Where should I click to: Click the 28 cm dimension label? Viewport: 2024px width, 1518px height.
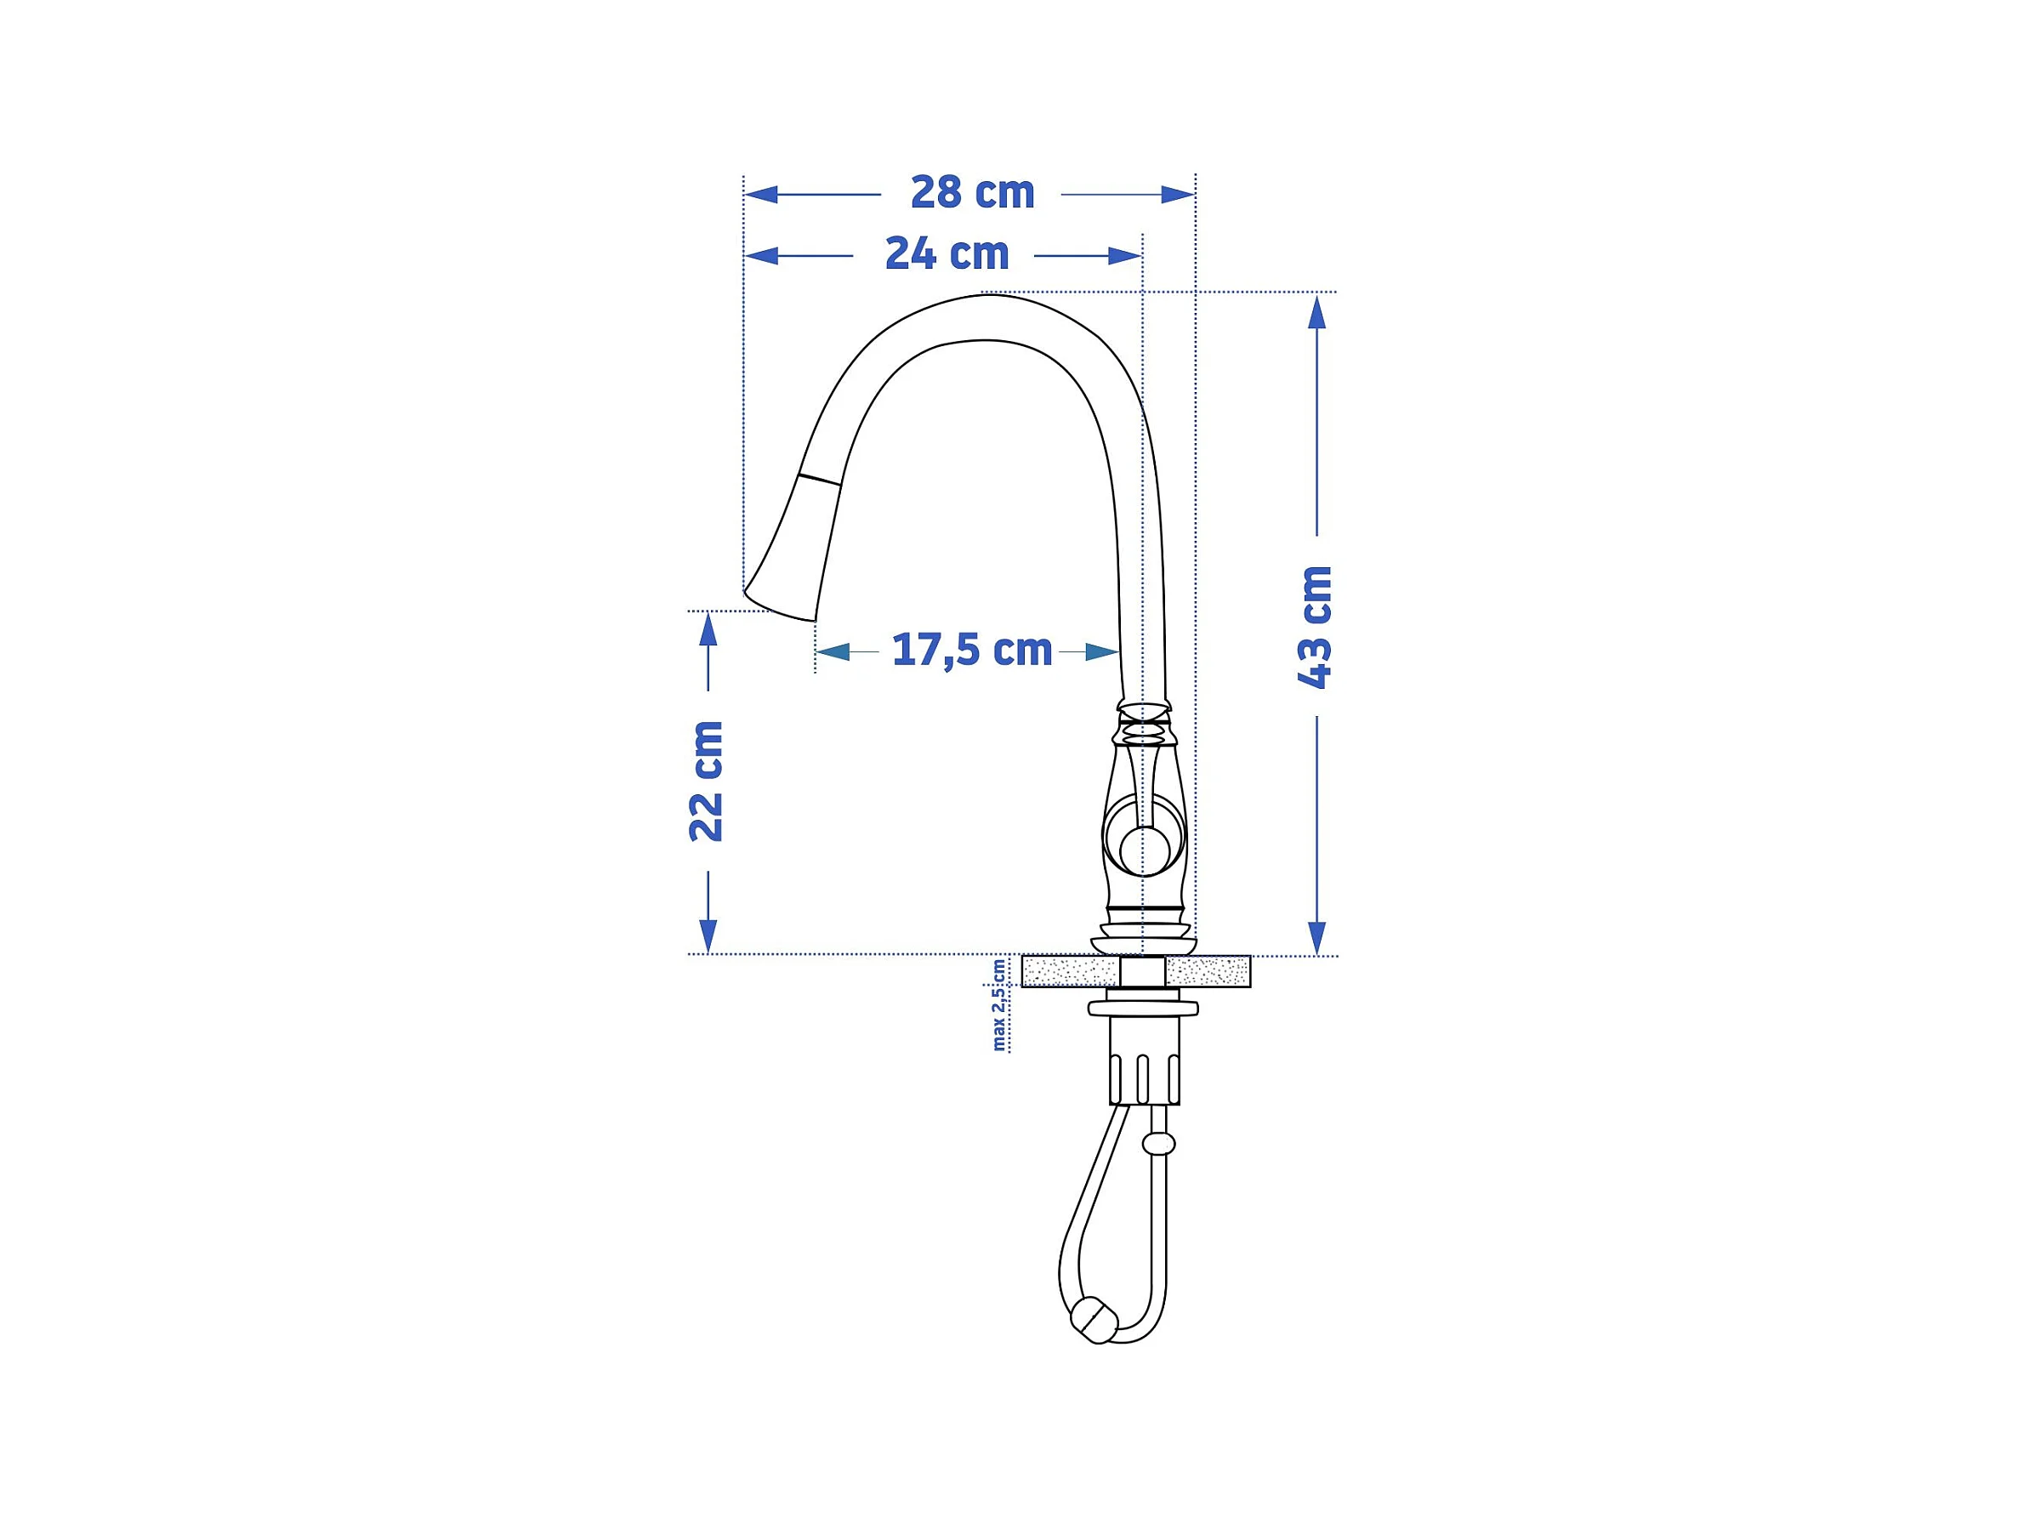coord(972,192)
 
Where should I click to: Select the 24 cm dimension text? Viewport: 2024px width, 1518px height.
coord(947,253)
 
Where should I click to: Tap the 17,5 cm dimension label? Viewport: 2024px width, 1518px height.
coord(972,650)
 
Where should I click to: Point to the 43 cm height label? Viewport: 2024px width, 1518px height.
coord(1315,627)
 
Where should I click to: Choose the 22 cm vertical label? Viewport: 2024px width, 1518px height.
coord(707,781)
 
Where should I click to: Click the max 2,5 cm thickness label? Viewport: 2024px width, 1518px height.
coord(999,1004)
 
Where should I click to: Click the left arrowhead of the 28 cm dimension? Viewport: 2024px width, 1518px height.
coord(761,194)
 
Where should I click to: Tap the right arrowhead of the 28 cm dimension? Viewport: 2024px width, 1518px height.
coord(1178,194)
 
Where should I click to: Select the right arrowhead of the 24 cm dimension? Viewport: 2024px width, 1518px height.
coord(1124,256)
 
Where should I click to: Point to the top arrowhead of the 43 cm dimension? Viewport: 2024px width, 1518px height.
coord(1316,312)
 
